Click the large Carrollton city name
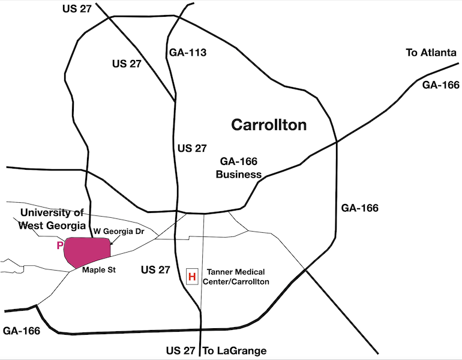coord(269,125)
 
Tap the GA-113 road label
coord(188,53)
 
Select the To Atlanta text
coord(431,52)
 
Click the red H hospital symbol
coord(192,277)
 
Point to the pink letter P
coord(60,245)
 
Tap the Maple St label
coord(99,270)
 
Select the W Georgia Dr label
coord(119,231)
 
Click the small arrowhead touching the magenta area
coord(111,244)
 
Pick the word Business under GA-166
coord(239,175)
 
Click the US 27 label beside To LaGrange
coord(181,350)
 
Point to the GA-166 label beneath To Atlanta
coord(441,85)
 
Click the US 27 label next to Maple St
coord(155,270)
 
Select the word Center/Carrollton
coord(236,282)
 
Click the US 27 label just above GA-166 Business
coord(192,148)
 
